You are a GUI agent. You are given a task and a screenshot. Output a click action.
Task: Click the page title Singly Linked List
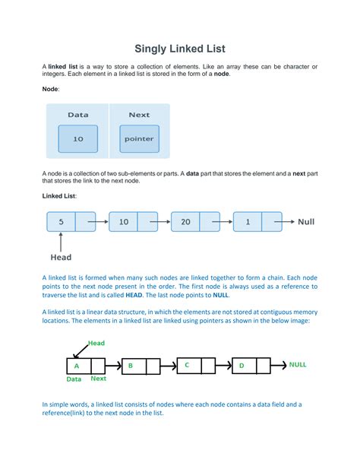180,49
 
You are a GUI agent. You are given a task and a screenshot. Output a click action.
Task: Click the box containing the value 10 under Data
77,139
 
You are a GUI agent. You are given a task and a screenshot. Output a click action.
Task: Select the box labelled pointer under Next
139,139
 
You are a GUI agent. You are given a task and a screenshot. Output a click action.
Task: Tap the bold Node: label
51,89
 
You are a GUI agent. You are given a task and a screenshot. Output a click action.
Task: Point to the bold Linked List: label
59,196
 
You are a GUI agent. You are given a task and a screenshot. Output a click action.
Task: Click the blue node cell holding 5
62,222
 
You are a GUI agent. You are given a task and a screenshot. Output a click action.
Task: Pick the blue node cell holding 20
185,222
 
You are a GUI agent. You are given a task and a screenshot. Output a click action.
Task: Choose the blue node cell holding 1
248,222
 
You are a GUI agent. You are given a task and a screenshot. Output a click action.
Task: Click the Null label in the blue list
306,222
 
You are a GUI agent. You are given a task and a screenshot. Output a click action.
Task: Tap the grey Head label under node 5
61,257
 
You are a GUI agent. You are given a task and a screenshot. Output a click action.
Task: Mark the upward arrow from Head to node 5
61,242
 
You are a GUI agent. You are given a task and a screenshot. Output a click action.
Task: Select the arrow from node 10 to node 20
160,222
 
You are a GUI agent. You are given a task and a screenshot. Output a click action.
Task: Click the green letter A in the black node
77,366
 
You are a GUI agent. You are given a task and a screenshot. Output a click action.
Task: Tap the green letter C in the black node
187,365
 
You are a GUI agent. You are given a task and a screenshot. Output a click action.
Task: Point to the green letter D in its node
242,366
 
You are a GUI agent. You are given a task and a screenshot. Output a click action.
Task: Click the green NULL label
298,365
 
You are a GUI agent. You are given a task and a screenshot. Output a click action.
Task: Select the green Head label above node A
96,343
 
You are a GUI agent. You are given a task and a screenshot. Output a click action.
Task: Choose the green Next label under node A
98,379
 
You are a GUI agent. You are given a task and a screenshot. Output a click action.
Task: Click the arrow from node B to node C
169,366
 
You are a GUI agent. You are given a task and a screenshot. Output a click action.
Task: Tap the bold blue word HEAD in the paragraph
134,295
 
